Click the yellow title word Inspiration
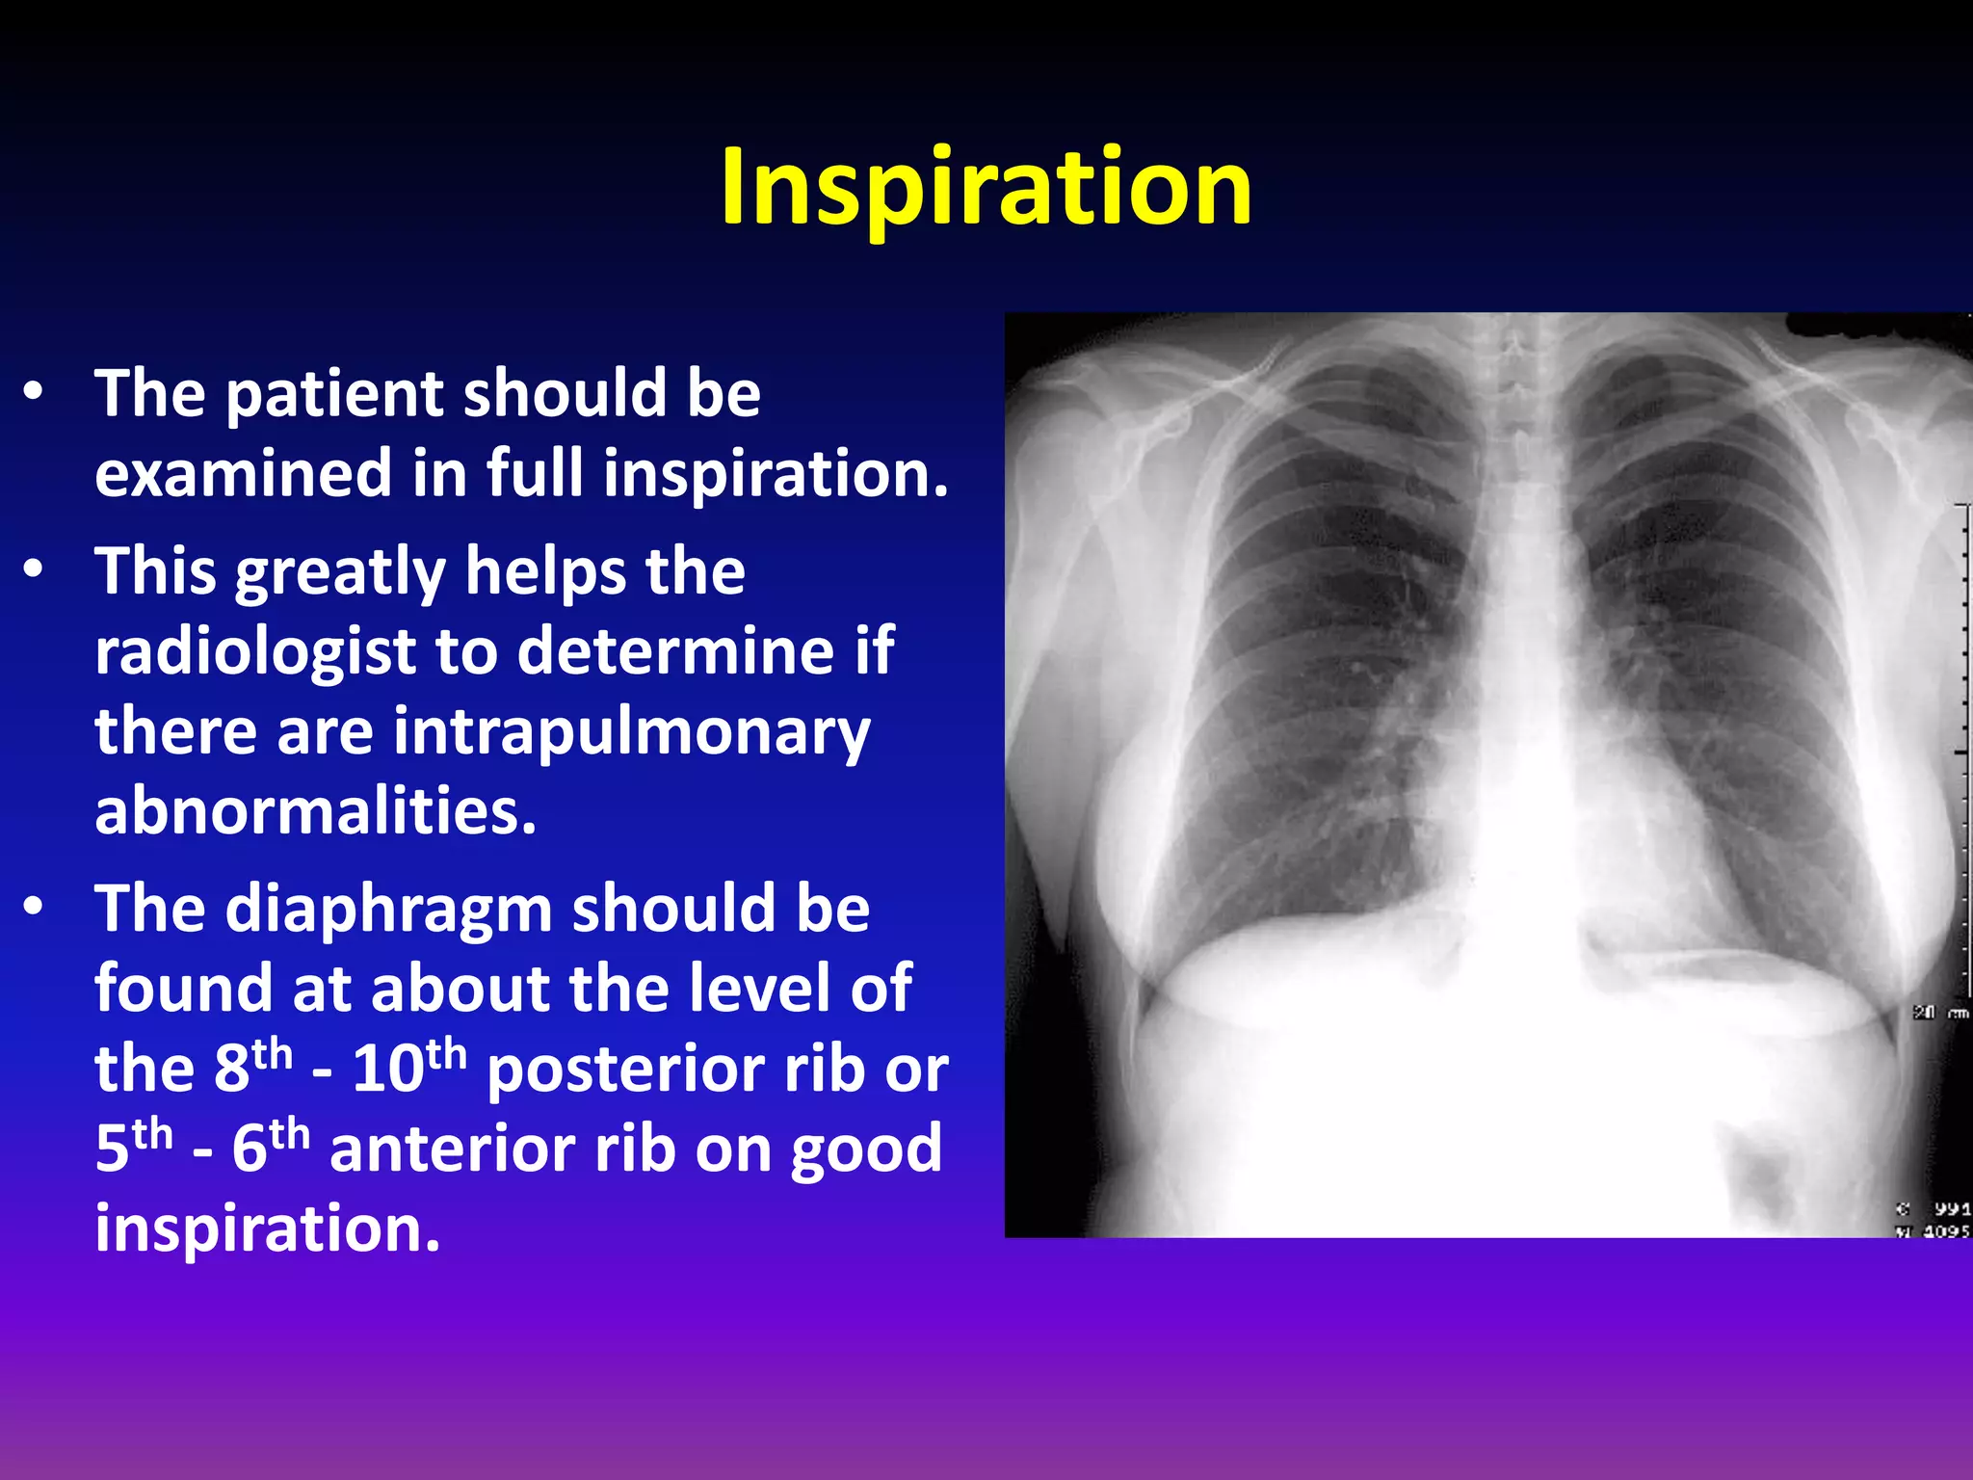[986, 188]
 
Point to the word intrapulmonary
[631, 732]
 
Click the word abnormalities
[315, 811]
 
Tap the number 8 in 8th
[231, 1070]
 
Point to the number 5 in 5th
[112, 1150]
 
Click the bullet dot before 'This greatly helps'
[34, 569]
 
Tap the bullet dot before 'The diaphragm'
[34, 907]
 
